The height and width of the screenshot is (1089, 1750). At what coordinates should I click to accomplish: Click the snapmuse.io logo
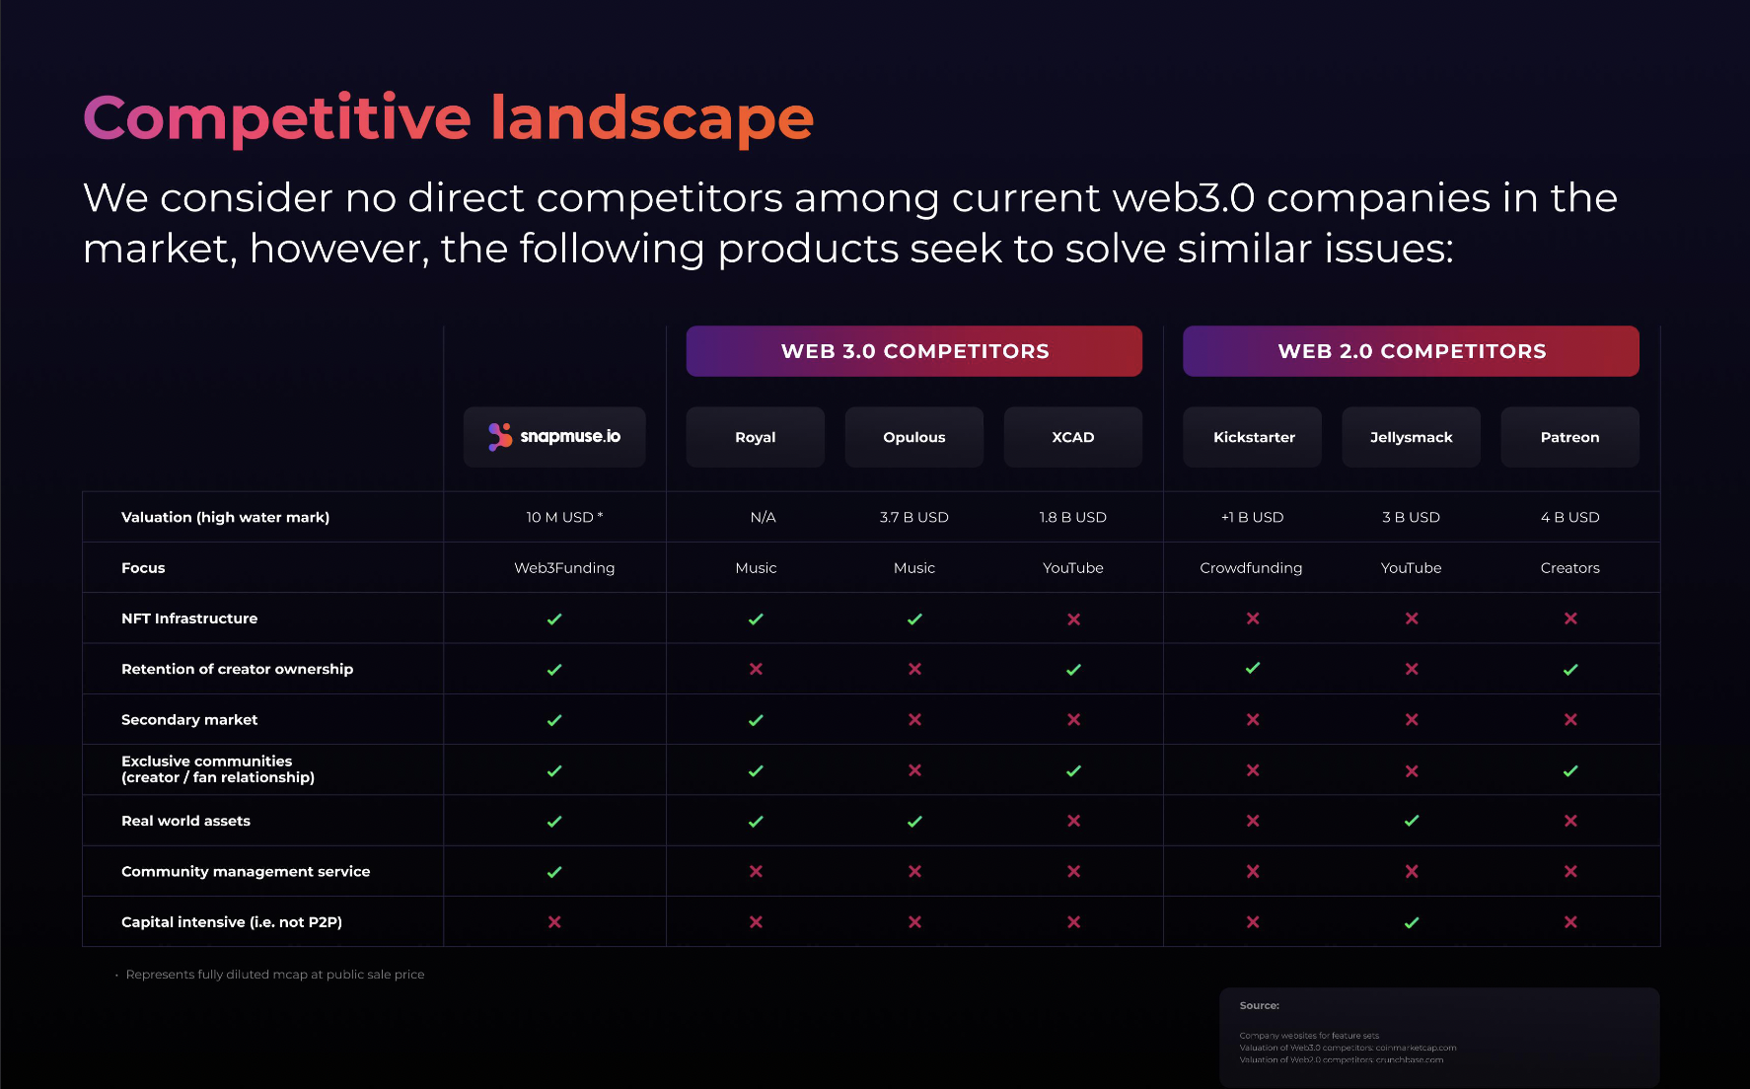[554, 437]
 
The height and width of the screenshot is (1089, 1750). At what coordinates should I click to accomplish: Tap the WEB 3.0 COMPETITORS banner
[914, 351]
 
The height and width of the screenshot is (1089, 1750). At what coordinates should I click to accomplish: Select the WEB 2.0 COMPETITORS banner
[1411, 351]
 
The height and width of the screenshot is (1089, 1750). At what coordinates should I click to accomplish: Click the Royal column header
[756, 437]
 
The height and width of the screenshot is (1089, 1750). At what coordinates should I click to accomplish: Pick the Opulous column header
[914, 437]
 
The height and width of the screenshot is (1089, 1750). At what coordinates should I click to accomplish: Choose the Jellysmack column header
[1411, 437]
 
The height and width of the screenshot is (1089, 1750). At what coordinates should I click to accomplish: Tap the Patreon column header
[1569, 437]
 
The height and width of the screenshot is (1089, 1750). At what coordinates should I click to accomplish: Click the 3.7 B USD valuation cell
[914, 517]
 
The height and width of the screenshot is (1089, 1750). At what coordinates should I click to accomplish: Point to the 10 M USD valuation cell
[563, 517]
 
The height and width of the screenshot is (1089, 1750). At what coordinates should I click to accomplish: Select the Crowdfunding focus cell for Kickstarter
[1251, 568]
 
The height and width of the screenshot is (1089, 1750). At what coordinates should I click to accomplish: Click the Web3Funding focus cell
[564, 568]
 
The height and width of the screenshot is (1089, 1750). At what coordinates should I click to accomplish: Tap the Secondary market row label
[189, 720]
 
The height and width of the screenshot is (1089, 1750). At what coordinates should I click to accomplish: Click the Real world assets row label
[185, 821]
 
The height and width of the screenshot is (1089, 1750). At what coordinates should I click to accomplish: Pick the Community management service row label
[246, 871]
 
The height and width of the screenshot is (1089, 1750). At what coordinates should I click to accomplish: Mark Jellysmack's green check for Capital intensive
[1412, 922]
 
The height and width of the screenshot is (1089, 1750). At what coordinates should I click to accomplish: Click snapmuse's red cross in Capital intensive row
[554, 922]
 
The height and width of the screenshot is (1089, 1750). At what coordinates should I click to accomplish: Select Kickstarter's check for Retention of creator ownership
[1253, 669]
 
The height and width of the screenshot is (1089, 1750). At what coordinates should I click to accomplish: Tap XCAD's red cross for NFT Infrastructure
[1073, 618]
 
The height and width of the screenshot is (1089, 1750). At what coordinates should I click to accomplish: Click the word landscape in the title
[652, 118]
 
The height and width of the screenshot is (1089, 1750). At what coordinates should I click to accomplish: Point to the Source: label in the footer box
[1260, 1006]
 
